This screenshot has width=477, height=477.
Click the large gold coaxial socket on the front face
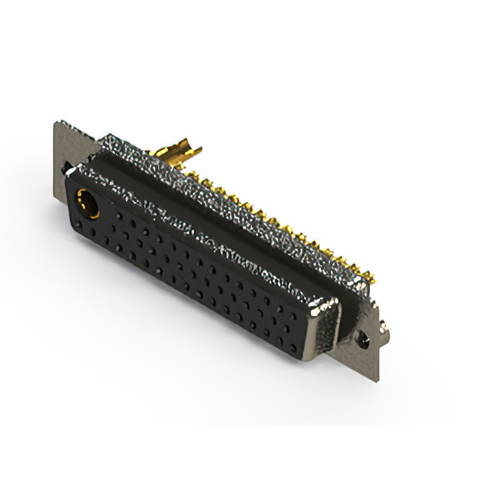(88, 202)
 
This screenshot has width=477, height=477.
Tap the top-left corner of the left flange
(57, 124)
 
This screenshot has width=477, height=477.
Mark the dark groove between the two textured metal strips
(224, 216)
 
